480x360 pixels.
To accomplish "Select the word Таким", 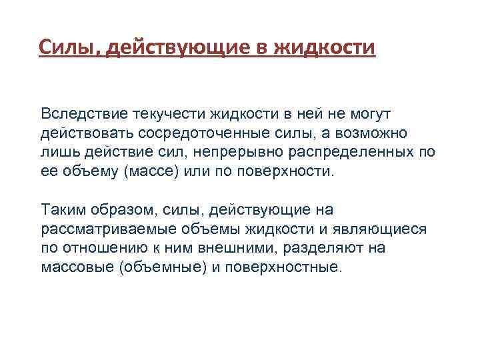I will tap(63, 210).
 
